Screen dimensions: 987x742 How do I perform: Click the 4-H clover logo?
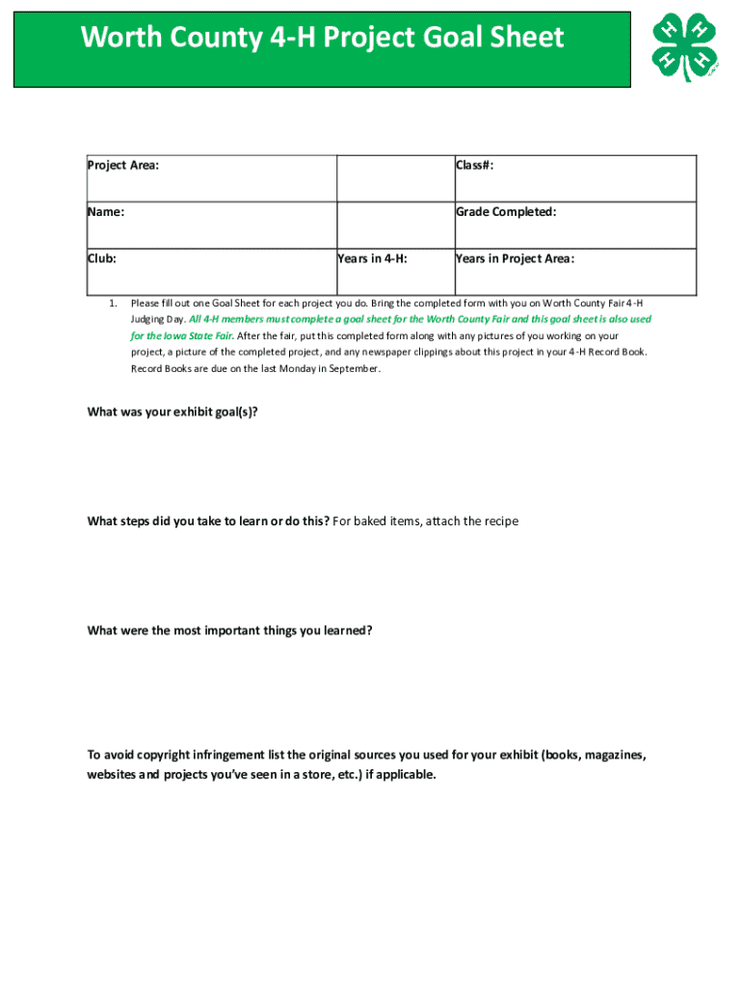tap(683, 47)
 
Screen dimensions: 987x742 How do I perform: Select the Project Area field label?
tap(123, 166)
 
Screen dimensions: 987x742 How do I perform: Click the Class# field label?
tap(475, 166)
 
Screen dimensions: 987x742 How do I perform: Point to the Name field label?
tap(106, 212)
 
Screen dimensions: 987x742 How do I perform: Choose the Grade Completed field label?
tap(506, 212)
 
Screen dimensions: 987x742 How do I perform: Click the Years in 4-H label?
tap(373, 258)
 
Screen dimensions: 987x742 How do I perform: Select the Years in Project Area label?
tap(515, 258)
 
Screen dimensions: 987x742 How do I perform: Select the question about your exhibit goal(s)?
tap(172, 412)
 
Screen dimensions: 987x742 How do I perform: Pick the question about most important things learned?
tap(229, 630)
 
